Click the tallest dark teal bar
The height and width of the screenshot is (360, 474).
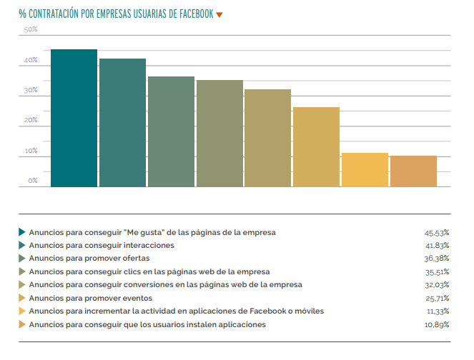(74, 118)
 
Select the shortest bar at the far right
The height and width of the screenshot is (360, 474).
(413, 171)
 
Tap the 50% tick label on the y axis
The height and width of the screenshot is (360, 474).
(31, 29)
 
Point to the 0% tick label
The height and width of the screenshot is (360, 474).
(33, 181)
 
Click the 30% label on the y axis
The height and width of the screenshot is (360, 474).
(31, 90)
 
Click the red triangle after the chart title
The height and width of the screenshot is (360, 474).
(219, 14)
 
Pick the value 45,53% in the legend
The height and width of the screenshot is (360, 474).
(436, 233)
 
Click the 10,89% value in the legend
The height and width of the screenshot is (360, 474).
(436, 325)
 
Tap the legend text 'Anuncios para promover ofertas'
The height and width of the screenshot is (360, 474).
(89, 258)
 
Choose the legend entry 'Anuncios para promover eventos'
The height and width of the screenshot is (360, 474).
(90, 298)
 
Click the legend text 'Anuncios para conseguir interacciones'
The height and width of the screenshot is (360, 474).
(102, 245)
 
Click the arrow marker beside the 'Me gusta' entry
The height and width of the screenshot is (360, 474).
(22, 232)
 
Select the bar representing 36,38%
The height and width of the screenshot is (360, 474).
(171, 131)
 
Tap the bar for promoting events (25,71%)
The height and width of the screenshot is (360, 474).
(316, 147)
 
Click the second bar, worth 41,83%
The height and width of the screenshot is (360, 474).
(122, 123)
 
